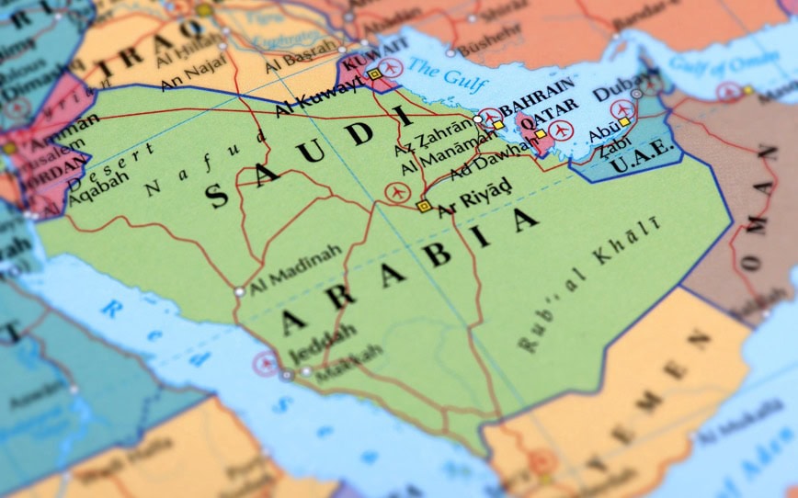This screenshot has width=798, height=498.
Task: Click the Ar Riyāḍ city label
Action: (473, 206)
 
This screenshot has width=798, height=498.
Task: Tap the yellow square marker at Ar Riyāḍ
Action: (424, 207)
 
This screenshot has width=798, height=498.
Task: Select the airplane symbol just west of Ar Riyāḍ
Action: (397, 193)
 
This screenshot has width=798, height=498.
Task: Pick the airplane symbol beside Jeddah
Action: (267, 363)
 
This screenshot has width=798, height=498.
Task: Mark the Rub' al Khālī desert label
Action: (588, 286)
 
